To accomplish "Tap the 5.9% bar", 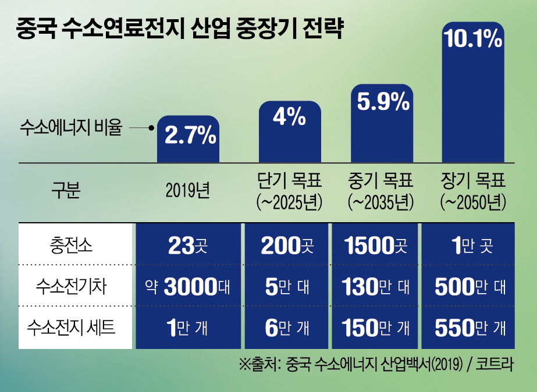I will coord(382,123).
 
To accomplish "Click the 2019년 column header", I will coord(187,191).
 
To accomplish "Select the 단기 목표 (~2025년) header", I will coord(289,191).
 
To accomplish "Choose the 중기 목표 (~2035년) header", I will coord(381,191).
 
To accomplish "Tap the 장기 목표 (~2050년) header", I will coord(473,191).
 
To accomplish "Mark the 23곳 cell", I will coord(188,245).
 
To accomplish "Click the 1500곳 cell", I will coord(375,245).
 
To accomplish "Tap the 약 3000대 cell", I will coord(188,286).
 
